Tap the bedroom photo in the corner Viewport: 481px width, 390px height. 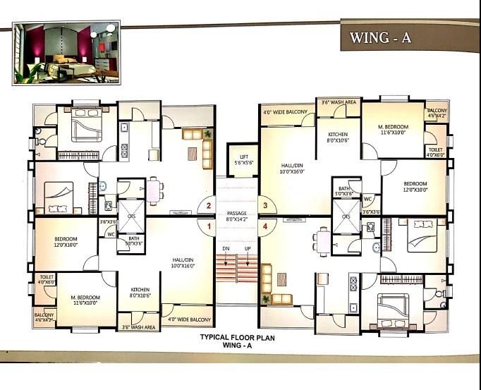tap(66, 52)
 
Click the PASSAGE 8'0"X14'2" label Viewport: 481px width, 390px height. tap(238, 216)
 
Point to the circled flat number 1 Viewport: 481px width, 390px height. tap(207, 226)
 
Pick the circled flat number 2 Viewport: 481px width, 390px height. tap(207, 206)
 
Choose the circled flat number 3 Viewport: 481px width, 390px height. tap(265, 206)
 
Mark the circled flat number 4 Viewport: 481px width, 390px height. tap(265, 226)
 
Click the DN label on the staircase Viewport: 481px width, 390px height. tap(225, 249)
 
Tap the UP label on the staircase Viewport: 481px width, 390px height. tap(247, 249)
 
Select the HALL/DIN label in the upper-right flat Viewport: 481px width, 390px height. tap(293, 167)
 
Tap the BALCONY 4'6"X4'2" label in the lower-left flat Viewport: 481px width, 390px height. tap(44, 317)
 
